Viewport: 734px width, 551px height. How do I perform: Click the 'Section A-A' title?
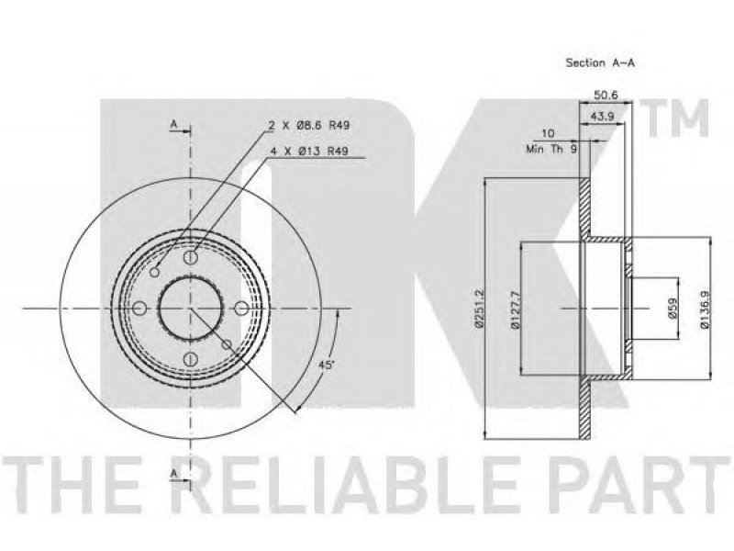[x=600, y=62]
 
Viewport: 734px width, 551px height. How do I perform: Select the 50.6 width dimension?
[x=606, y=95]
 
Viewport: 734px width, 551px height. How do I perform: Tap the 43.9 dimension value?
[x=602, y=117]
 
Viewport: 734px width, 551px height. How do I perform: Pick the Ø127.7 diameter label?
[x=515, y=309]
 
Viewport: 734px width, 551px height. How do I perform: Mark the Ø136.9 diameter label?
[x=705, y=309]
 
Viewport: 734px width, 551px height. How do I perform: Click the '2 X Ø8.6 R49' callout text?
[x=309, y=125]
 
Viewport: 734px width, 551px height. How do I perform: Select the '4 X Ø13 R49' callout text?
[x=309, y=151]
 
